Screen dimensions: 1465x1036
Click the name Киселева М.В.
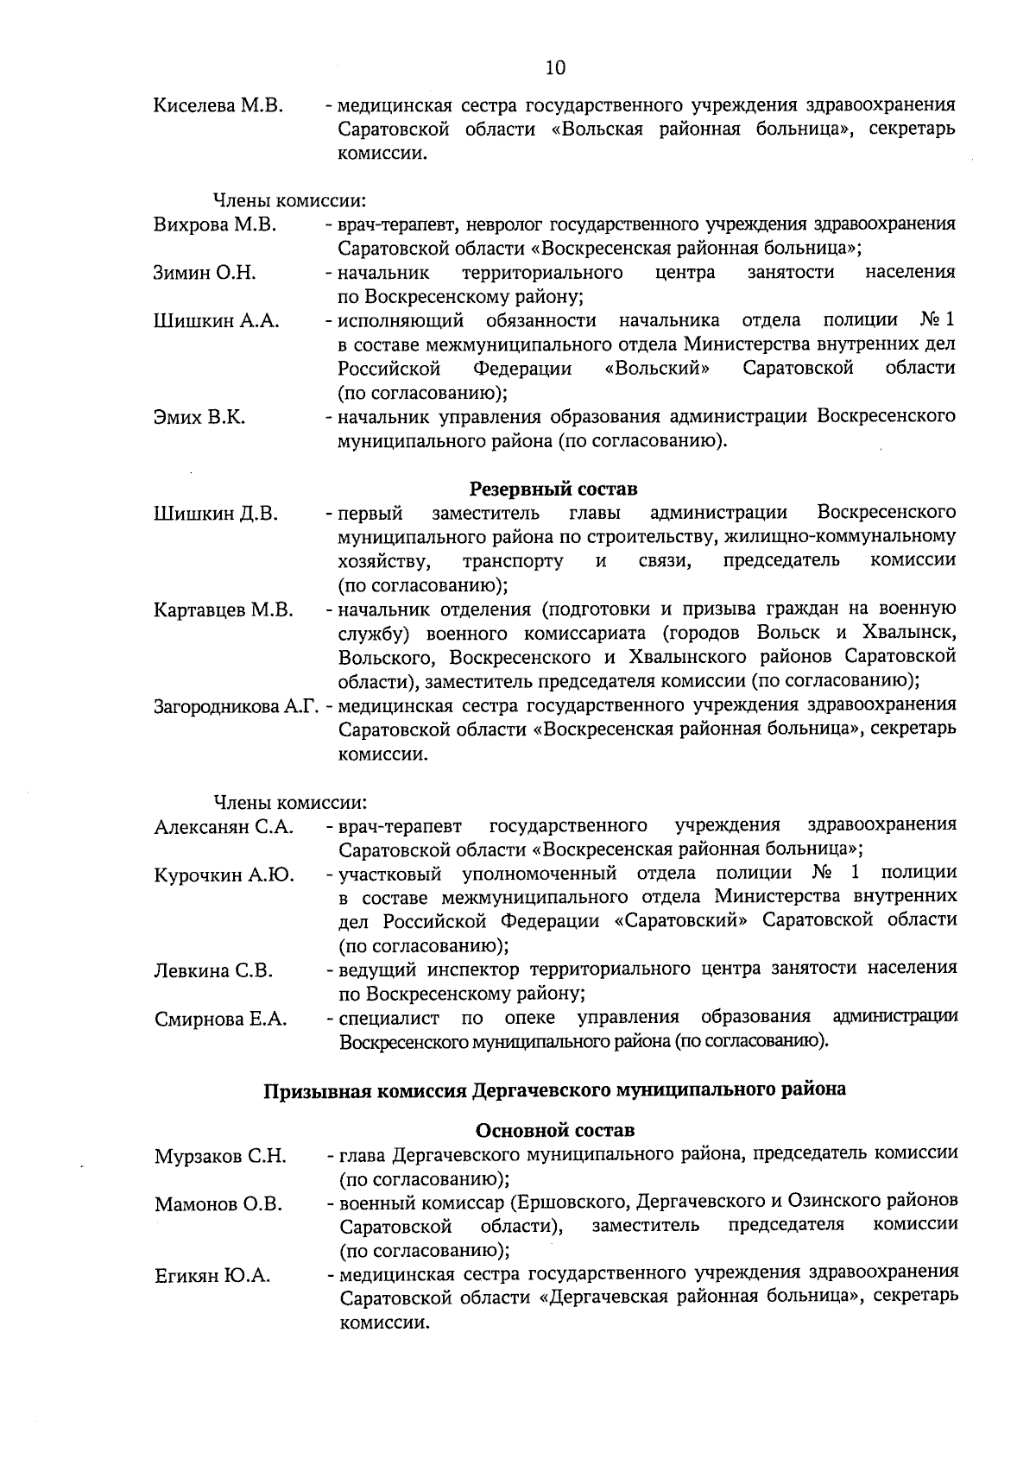pos(218,106)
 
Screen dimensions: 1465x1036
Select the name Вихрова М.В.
pos(214,225)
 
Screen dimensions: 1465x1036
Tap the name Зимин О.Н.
pos(205,274)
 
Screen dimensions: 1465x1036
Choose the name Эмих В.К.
pos(199,418)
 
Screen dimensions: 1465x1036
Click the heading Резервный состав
pos(553,489)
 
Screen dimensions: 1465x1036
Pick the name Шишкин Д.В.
pos(216,514)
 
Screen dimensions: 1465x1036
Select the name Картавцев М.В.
pos(224,611)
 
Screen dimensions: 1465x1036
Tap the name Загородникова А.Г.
pos(237,707)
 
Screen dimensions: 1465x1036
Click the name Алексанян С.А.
pos(224,828)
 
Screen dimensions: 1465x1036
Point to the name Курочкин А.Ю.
pos(224,876)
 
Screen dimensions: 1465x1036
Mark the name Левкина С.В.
pos(213,971)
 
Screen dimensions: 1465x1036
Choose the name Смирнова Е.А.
pos(221,1020)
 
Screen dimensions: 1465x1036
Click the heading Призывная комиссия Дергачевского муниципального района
pos(554,1089)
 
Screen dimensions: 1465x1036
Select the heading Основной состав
pos(554,1130)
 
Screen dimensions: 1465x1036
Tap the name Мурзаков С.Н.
pos(221,1157)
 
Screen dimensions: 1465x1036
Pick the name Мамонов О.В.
pos(218,1204)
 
